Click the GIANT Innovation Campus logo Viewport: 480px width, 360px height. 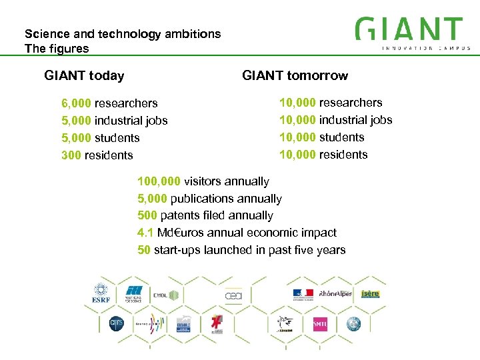click(412, 33)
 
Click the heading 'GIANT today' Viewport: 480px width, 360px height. click(84, 75)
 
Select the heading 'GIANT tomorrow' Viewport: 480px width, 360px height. click(295, 75)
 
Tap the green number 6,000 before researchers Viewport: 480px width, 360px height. click(77, 103)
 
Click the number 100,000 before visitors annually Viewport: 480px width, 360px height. click(159, 181)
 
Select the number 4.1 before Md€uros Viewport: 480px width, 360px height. click(145, 233)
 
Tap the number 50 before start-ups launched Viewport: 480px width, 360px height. click(143, 250)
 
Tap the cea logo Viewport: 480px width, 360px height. click(233, 294)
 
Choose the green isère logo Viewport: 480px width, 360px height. click(371, 294)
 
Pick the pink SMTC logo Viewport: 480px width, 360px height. click(320, 324)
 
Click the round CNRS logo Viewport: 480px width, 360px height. click(117, 324)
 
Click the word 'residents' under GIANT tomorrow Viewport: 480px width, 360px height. click(343, 155)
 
